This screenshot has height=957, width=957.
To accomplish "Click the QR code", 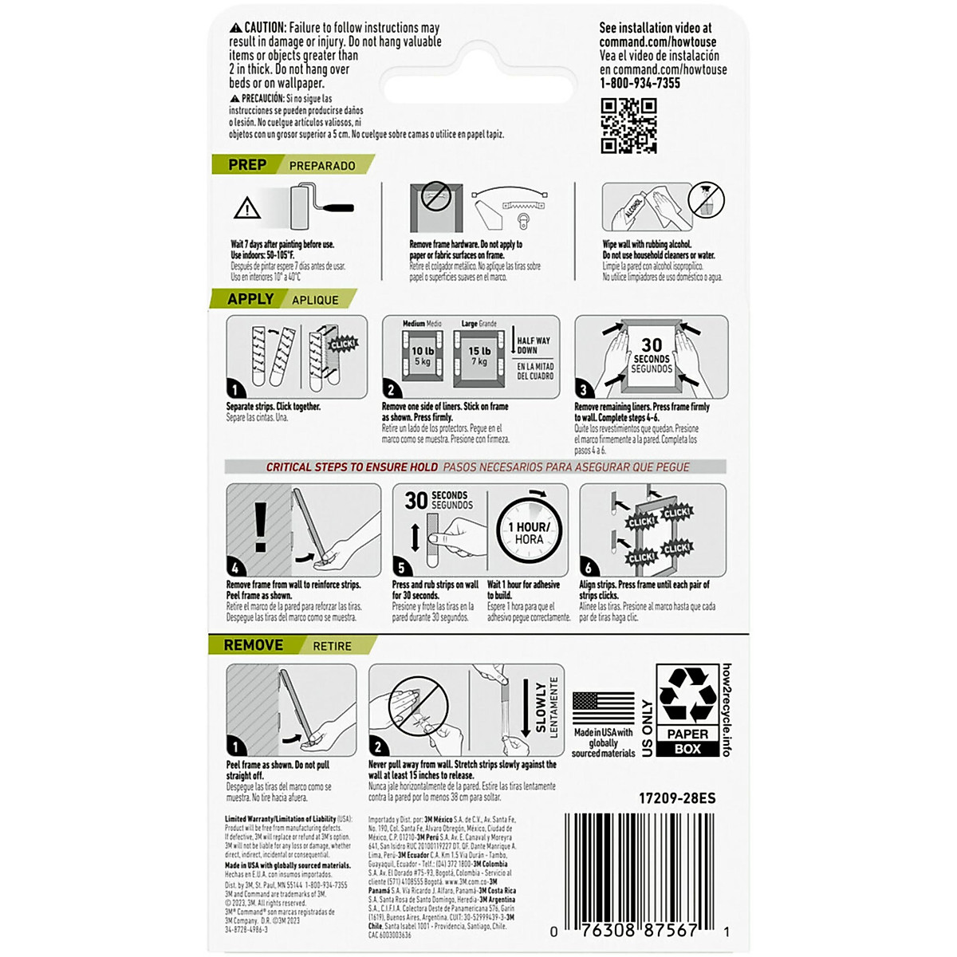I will click(628, 125).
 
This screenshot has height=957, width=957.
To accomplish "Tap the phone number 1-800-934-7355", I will click(640, 83).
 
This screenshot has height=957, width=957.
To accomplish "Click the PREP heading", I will click(247, 164).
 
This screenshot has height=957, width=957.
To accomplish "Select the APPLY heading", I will click(250, 299).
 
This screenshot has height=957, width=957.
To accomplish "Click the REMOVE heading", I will click(253, 645).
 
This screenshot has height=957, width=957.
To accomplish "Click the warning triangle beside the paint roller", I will click(248, 209).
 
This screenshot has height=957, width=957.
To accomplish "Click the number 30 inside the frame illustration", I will click(652, 345).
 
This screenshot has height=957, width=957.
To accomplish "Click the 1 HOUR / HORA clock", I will click(529, 532).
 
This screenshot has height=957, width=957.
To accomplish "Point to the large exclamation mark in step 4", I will click(261, 527).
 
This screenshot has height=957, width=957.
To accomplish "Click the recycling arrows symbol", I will click(687, 695).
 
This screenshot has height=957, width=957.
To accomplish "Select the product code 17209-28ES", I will click(677, 798).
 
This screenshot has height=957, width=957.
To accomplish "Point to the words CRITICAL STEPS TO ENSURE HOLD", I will click(352, 467).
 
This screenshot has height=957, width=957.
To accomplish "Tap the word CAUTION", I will click(266, 28).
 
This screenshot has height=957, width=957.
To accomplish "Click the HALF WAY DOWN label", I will click(534, 345).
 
